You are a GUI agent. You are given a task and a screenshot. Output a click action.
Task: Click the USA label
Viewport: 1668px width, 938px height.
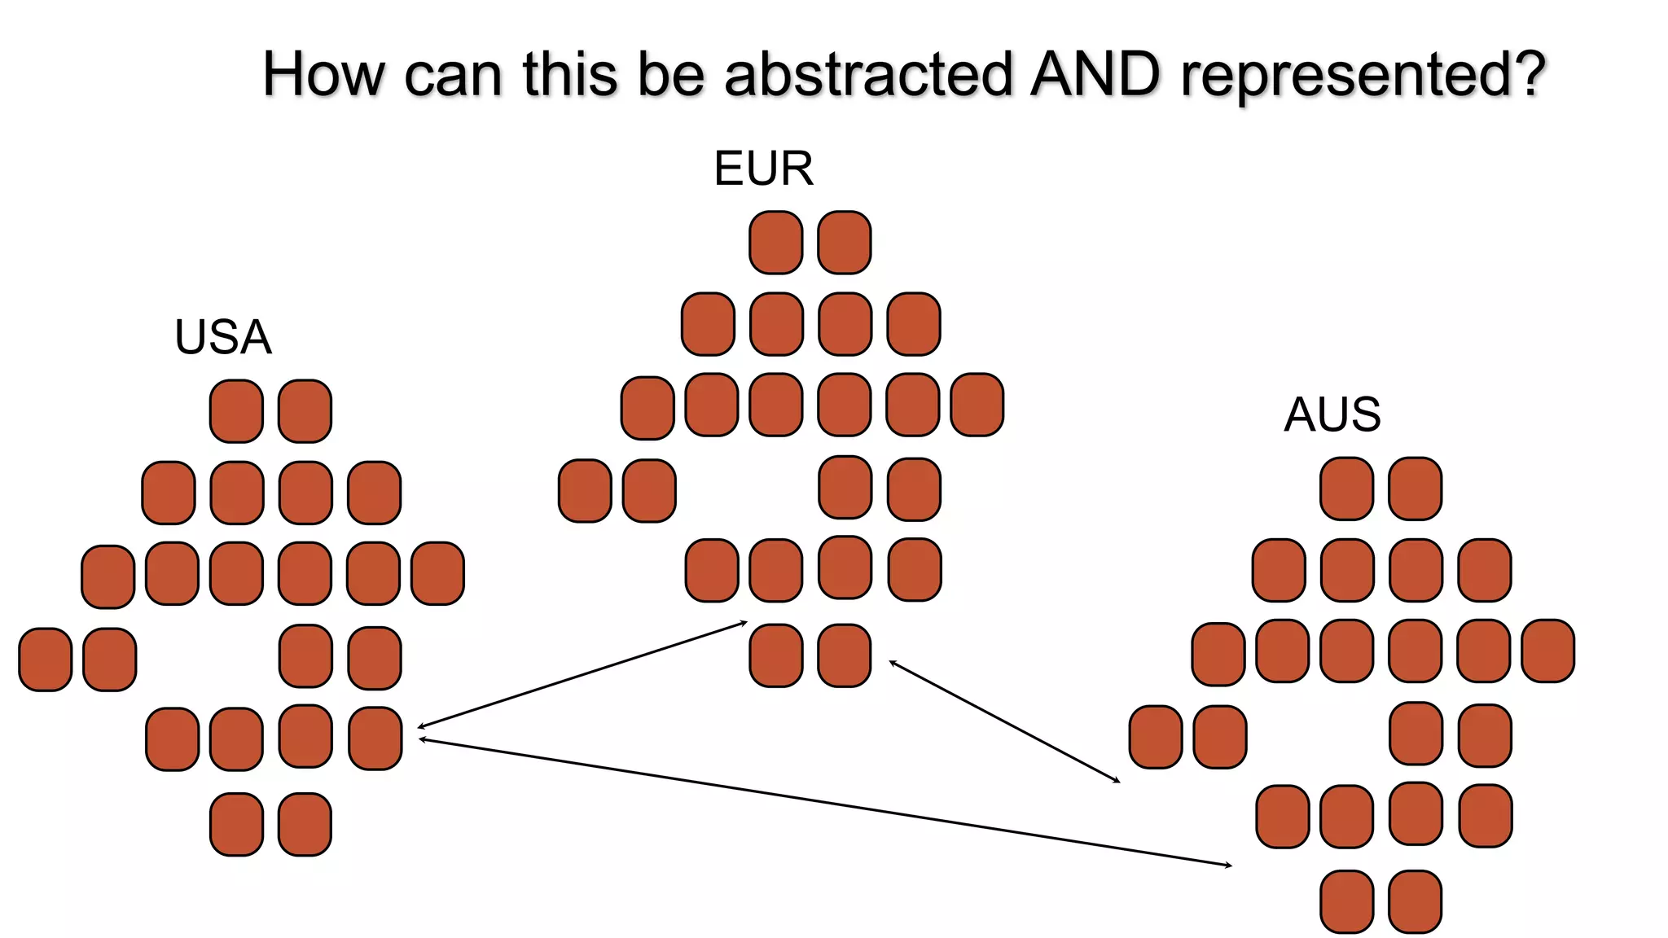tap(222, 337)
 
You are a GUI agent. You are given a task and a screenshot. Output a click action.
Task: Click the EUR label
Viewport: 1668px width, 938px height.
tap(763, 169)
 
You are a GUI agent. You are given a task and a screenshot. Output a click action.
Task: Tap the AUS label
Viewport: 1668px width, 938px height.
tap(1332, 414)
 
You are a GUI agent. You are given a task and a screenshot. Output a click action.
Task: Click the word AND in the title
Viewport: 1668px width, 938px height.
tap(1094, 74)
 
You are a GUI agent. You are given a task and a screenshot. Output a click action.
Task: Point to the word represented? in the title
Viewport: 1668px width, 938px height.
tap(1363, 76)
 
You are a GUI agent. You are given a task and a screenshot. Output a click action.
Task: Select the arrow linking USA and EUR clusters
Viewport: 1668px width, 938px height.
tap(582, 675)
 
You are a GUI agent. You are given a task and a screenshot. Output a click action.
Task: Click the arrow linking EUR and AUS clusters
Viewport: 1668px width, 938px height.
tap(1004, 721)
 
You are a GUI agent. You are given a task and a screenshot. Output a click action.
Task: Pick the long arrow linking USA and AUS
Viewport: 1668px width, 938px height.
tap(824, 802)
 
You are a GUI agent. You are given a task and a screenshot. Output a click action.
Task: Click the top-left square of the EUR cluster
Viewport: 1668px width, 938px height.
tap(775, 243)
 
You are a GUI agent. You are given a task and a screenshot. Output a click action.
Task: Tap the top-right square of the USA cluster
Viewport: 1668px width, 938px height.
tap(305, 411)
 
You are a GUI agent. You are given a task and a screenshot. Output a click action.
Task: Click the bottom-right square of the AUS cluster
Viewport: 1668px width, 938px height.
tap(1415, 901)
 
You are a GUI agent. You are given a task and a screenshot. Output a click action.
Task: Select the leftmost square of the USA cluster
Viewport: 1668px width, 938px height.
tap(46, 660)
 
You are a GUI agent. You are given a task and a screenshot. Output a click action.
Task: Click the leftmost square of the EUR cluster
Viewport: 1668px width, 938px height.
tap(585, 491)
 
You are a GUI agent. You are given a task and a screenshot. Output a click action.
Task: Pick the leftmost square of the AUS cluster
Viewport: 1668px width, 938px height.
tap(1156, 737)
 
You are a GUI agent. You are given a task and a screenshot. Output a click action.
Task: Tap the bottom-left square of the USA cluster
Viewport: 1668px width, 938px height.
tap(236, 824)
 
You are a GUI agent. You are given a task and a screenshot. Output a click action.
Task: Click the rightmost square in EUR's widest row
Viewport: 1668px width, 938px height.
tap(977, 405)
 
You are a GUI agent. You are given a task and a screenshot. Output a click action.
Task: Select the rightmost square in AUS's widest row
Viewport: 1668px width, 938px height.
tap(1547, 651)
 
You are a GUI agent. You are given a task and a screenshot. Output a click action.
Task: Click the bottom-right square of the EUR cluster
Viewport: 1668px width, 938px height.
tap(844, 655)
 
